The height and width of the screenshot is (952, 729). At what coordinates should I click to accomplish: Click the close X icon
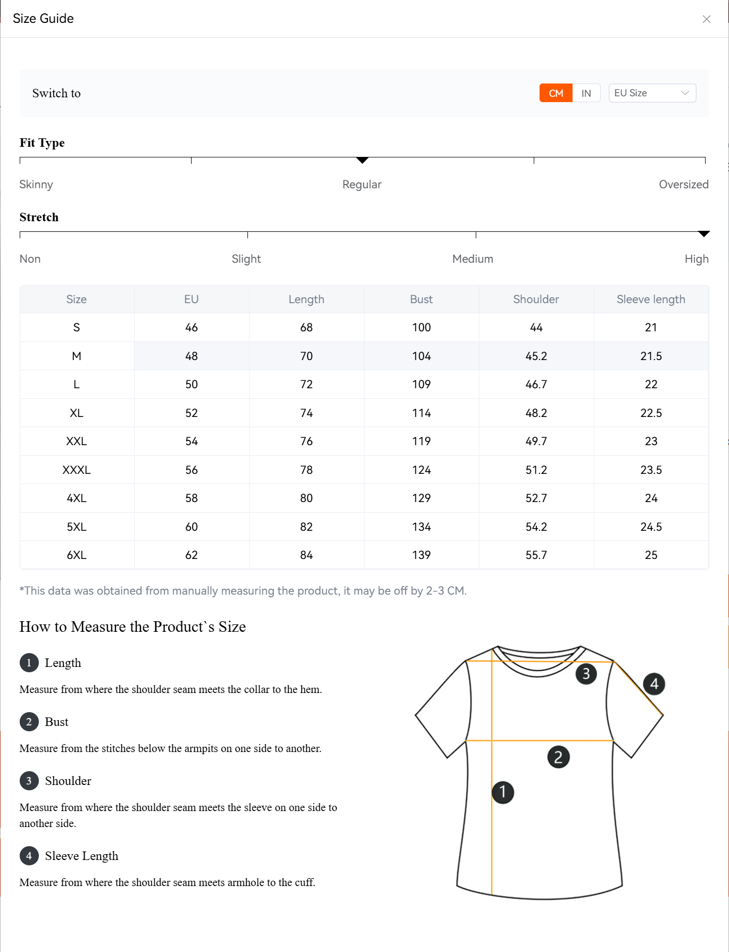coord(706,19)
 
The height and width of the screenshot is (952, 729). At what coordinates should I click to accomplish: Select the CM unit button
coord(556,93)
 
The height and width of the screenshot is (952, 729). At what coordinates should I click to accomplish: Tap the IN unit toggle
coord(586,93)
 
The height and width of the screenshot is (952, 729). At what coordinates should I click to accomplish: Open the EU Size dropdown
coord(652,93)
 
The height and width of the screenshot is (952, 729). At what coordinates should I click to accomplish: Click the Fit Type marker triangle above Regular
coord(362,160)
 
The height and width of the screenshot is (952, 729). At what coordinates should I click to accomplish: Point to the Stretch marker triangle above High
coord(703,234)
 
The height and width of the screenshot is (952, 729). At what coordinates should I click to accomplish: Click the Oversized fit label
coord(683,185)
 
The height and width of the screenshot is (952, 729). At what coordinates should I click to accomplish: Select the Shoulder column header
coord(536,299)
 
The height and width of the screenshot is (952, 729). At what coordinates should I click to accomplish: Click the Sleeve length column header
coord(650,299)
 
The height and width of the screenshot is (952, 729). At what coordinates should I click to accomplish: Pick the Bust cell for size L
coord(421,385)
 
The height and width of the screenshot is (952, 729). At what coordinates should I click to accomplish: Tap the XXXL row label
coord(77,470)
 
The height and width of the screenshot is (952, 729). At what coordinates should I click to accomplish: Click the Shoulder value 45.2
coord(536,356)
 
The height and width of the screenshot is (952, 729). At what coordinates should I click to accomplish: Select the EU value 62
coord(192,555)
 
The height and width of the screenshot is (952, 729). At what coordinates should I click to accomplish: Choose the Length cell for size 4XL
coord(306,498)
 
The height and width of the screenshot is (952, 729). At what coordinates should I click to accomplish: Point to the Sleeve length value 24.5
coord(651,527)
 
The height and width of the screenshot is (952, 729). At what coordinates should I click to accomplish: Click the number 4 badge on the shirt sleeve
coord(654,684)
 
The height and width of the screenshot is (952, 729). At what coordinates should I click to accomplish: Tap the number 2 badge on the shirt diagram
coord(558,757)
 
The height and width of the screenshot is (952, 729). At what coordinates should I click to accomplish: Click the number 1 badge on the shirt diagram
coord(502,792)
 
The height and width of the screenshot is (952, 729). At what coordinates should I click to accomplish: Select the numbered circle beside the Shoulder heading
coord(29,781)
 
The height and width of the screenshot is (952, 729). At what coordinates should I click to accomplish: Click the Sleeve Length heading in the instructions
coord(81,856)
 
